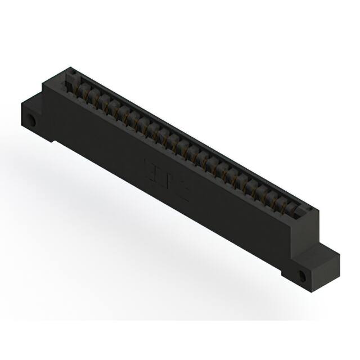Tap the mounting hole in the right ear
point(304,277)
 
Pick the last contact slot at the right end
point(293,210)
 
